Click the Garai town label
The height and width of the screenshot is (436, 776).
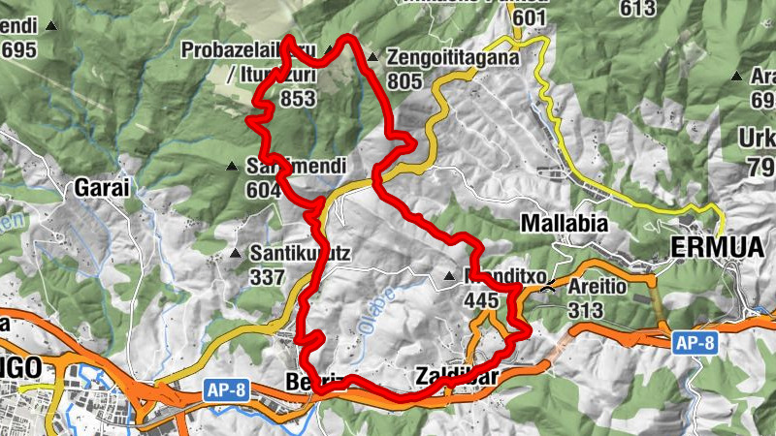pos(102,188)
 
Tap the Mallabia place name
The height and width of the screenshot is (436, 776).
pos(565,224)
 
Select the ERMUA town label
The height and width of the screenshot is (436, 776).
pos(717,248)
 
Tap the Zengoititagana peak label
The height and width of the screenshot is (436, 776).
pos(453,57)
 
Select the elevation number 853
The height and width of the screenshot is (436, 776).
pos(298,98)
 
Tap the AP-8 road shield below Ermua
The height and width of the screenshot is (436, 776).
pos(695,341)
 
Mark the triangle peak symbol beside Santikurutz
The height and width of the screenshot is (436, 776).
pos(235,254)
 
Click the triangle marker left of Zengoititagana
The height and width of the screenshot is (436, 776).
pos(372,57)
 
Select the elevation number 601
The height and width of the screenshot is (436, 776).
pos(531,18)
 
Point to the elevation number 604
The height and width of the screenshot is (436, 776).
pos(264,190)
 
